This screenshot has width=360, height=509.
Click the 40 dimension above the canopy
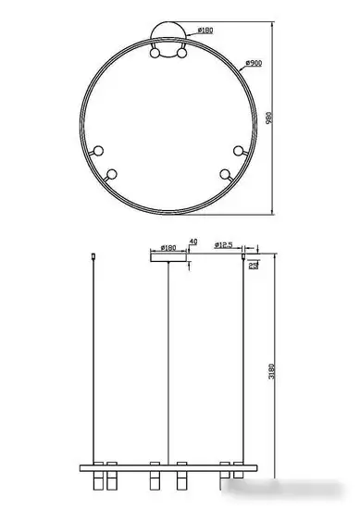point(192,242)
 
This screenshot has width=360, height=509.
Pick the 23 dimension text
point(254,266)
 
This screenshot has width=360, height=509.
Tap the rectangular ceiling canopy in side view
point(169,257)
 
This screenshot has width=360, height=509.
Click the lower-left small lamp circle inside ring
point(113,173)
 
